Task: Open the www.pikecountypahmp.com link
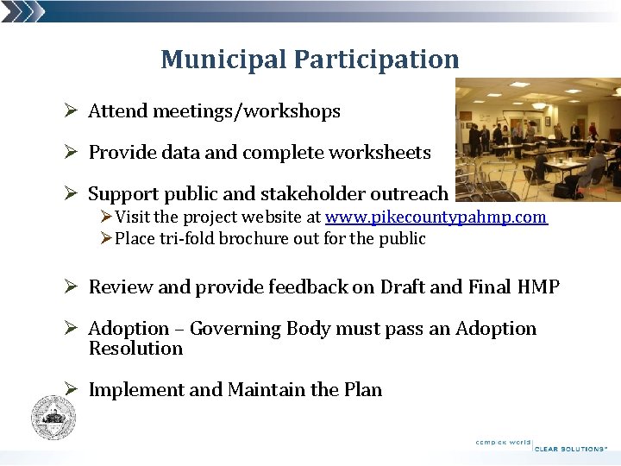(436, 217)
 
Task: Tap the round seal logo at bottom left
(53, 418)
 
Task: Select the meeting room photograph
(537, 140)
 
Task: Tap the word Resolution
(135, 349)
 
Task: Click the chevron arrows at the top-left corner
(22, 11)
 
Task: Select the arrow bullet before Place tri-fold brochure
(106, 238)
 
